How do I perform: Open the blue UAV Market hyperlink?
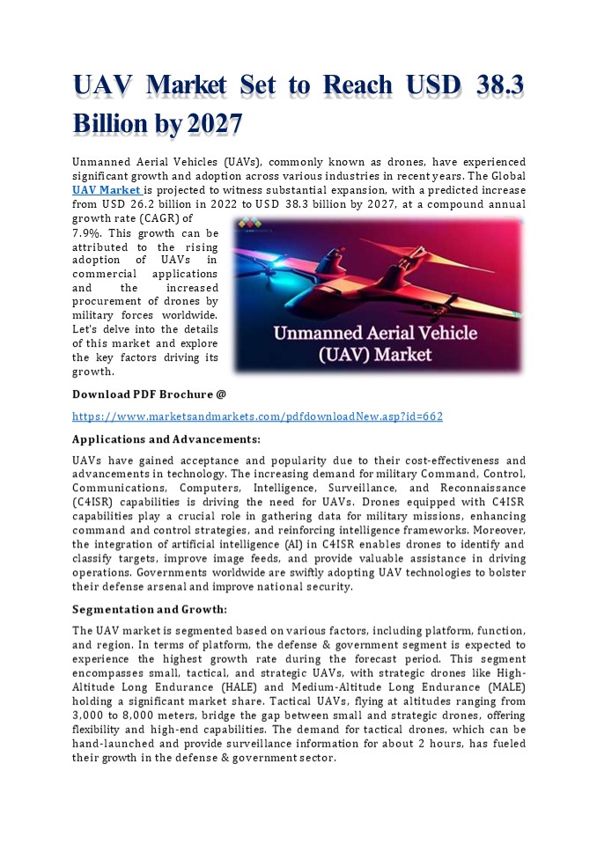click(x=107, y=190)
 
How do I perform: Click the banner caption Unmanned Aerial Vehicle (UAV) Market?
click(x=374, y=344)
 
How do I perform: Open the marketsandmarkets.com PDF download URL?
click(x=257, y=416)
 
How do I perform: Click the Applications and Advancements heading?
click(x=166, y=438)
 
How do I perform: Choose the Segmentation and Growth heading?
click(x=150, y=609)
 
